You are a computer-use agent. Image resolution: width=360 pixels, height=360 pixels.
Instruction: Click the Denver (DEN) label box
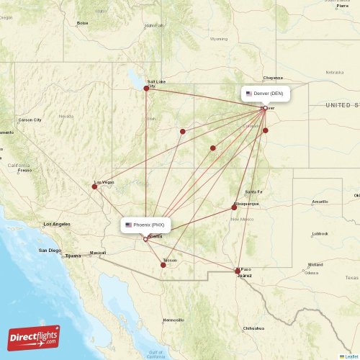[x=266, y=94]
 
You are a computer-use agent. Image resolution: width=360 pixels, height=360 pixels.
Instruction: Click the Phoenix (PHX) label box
[x=146, y=225]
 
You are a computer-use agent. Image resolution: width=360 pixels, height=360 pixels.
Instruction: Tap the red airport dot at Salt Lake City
[x=146, y=89]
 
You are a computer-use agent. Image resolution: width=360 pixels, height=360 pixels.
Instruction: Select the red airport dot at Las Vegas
[x=94, y=186]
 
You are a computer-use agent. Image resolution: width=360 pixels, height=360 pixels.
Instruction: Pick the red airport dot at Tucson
[x=163, y=265]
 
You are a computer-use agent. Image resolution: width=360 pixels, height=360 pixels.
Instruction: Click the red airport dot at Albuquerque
[x=234, y=207]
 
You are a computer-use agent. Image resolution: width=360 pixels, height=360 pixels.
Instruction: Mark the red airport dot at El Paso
[x=238, y=271]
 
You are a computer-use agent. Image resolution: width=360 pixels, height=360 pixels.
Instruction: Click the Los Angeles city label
[x=57, y=225]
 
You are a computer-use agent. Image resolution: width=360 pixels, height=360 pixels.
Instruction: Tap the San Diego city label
[x=49, y=251]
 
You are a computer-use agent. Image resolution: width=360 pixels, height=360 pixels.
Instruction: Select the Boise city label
[x=83, y=23]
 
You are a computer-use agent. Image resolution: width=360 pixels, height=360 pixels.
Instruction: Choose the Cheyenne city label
[x=273, y=77]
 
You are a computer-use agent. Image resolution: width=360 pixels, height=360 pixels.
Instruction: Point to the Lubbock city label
[x=320, y=233]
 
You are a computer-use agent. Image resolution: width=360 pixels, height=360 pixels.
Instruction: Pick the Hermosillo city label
[x=173, y=320]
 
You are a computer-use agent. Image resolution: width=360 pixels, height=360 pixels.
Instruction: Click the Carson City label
[x=30, y=120]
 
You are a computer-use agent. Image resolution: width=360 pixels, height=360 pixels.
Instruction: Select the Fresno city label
[x=25, y=171]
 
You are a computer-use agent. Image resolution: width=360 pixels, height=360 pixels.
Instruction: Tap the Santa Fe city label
[x=253, y=192]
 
